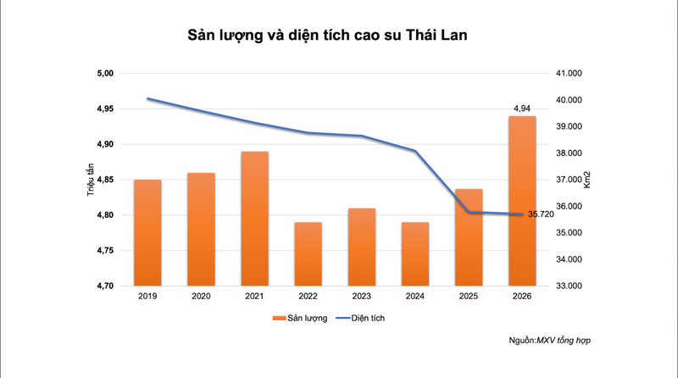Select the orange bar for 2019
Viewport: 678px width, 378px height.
[x=147, y=232]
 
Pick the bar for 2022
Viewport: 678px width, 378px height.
[x=308, y=254]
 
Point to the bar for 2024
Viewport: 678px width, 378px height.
[x=415, y=254]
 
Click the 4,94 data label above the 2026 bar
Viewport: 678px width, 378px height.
[x=523, y=108]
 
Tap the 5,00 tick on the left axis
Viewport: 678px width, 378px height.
[x=104, y=74]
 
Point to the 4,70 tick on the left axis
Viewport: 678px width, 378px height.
[x=104, y=286]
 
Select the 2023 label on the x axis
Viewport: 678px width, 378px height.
[x=362, y=297]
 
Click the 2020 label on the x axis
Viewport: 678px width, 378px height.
[x=201, y=297]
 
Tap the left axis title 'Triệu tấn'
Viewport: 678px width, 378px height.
[x=90, y=180]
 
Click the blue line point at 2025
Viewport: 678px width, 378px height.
[x=469, y=212]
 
